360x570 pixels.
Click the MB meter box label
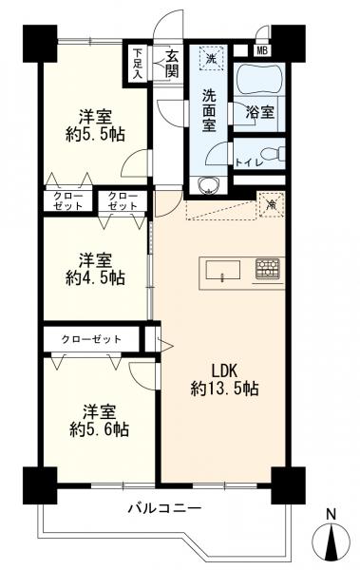tap(259, 48)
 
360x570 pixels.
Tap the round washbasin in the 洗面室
tap(208, 183)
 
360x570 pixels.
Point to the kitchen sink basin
tap(223, 276)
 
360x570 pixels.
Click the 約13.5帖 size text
tap(224, 388)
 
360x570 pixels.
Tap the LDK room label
tap(224, 369)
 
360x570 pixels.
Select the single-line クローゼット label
tap(90, 337)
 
